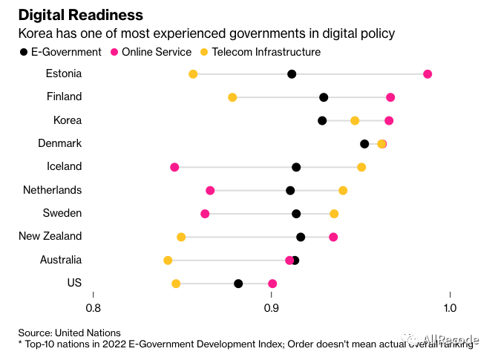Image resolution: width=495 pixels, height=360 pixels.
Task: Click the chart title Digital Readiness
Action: (x=80, y=15)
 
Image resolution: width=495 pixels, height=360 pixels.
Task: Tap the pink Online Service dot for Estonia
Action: (x=427, y=74)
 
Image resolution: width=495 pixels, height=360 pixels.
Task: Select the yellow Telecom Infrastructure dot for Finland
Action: (x=232, y=97)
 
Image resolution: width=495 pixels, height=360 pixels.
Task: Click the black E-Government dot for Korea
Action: (x=322, y=120)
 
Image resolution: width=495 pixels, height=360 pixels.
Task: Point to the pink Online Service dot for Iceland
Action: (x=174, y=167)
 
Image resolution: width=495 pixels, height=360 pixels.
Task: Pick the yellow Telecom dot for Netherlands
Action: (x=343, y=191)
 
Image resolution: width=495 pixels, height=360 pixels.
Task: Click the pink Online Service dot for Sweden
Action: (x=205, y=214)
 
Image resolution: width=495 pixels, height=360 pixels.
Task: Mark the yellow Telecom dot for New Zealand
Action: (x=181, y=237)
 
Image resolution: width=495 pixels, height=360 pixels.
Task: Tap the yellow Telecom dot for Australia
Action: (x=168, y=261)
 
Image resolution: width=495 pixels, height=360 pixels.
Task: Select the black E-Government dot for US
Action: (x=238, y=284)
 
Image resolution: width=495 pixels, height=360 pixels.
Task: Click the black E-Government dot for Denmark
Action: (x=364, y=144)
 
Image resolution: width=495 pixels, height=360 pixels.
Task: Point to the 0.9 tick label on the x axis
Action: (x=272, y=307)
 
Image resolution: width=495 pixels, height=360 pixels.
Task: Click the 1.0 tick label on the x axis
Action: (x=450, y=307)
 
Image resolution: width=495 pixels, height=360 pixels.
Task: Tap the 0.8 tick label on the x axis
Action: (x=94, y=307)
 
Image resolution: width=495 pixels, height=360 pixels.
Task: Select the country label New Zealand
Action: (x=50, y=236)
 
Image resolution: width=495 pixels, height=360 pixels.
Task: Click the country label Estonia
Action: (x=64, y=73)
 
